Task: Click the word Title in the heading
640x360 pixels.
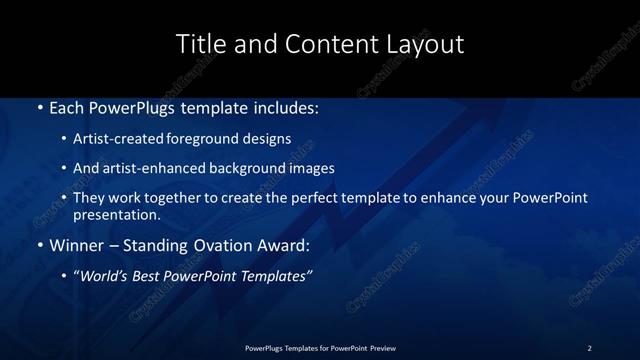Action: pyautogui.click(x=200, y=45)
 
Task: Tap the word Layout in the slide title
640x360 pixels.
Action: pyautogui.click(x=427, y=45)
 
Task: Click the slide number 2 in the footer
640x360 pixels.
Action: pyautogui.click(x=589, y=347)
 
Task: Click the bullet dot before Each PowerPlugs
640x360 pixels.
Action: pyautogui.click(x=39, y=107)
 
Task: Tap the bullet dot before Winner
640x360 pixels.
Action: pyautogui.click(x=39, y=245)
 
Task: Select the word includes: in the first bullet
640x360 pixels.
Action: pyautogui.click(x=285, y=107)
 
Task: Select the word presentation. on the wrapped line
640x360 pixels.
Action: pyautogui.click(x=116, y=214)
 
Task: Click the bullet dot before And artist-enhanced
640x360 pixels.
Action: pyautogui.click(x=64, y=169)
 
